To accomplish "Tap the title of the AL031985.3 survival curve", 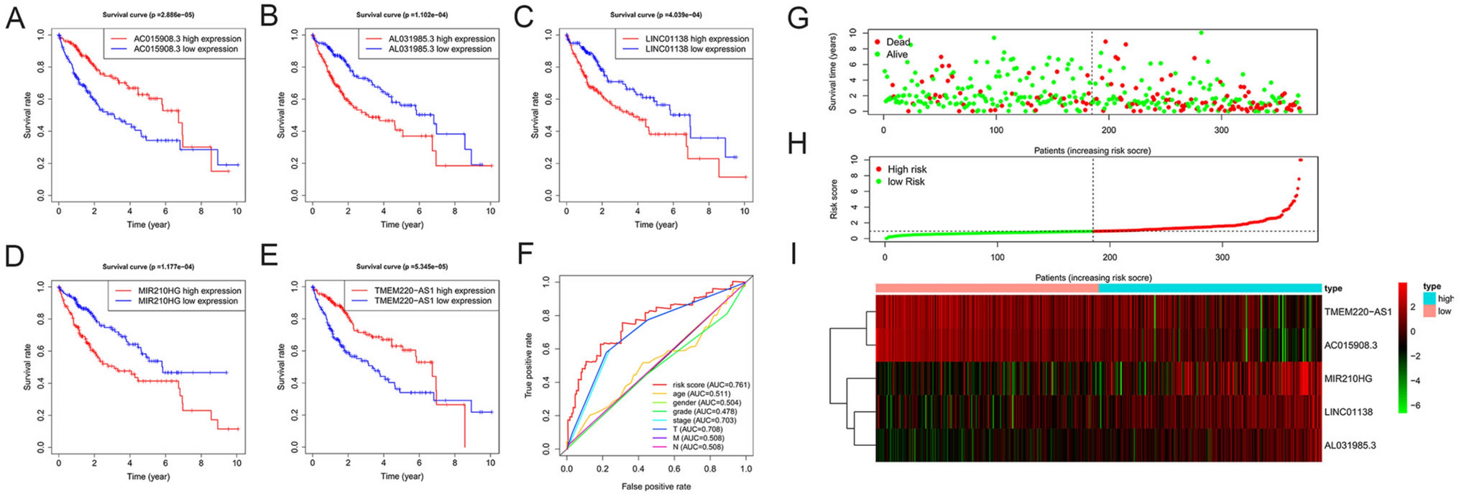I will (x=402, y=15).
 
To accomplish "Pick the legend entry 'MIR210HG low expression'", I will (x=188, y=301).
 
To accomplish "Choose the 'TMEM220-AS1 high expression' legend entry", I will (x=434, y=291).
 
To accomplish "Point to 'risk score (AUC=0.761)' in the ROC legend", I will (x=710, y=385).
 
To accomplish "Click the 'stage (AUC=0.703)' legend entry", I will (x=705, y=421).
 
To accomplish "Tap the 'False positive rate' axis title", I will (x=656, y=487).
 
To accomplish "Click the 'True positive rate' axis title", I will (x=529, y=365).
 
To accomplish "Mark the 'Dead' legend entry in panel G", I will (x=898, y=42).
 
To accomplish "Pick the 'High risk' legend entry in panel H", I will (x=906, y=170).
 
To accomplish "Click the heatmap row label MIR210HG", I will (x=1348, y=379).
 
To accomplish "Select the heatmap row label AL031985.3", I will (x=1350, y=446).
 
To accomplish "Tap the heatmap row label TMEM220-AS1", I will (x=1357, y=312).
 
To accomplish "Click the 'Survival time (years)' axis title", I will (x=832, y=72).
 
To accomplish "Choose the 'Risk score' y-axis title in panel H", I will (x=834, y=199).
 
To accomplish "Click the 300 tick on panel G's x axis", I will (x=1221, y=130).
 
